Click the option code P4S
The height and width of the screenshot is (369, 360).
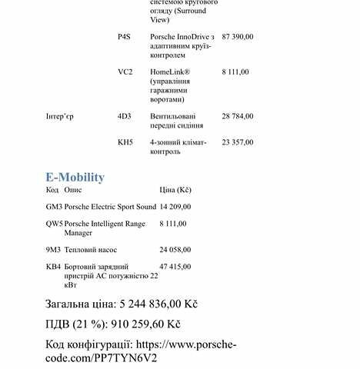point(125,37)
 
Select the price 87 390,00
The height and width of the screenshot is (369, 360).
point(237,37)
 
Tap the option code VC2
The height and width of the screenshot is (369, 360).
point(125,71)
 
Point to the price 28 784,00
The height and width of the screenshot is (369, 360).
point(237,116)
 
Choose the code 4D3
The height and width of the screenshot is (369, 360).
point(125,116)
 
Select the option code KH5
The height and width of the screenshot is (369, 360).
point(125,142)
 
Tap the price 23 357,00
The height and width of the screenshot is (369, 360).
point(237,142)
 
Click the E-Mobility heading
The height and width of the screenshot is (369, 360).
point(75,177)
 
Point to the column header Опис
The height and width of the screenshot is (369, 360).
point(73,189)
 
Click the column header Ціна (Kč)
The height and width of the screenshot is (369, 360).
point(175,189)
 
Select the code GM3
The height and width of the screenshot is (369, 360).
point(54,207)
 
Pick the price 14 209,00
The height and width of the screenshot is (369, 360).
point(175,207)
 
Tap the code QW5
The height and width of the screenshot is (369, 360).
point(54,224)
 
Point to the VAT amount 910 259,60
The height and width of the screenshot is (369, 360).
point(135,324)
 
